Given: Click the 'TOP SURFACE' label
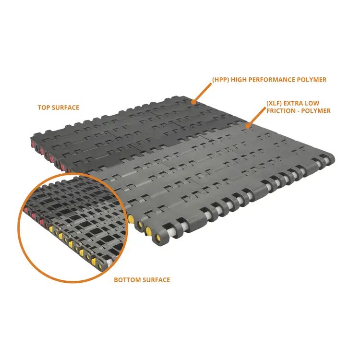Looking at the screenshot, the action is (58, 108).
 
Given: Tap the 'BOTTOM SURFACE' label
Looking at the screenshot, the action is (142, 280).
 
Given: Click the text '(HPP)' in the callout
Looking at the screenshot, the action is (221, 80).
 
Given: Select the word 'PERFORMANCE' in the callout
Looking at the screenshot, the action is (272, 80).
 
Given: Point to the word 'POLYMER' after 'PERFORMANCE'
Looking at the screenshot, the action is (312, 80).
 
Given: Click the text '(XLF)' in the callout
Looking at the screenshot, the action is (274, 103).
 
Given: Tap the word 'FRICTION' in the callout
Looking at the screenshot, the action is (280, 111).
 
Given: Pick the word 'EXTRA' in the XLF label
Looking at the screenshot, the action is (294, 103).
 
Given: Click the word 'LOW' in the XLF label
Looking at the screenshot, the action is (312, 103).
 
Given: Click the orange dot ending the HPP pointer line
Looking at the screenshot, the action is (193, 102).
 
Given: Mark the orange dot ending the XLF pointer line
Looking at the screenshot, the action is (247, 126).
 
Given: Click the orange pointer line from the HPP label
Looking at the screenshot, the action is (202, 93).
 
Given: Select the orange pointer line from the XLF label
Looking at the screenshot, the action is (256, 117).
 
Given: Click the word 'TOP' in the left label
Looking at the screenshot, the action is (44, 108).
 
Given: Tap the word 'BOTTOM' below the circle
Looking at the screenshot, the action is (127, 280).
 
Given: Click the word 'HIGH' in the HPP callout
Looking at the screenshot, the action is (239, 80).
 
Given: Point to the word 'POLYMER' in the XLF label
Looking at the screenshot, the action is (316, 111).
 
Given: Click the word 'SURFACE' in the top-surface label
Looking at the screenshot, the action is (65, 108).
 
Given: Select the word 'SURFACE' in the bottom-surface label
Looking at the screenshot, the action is (156, 280).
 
